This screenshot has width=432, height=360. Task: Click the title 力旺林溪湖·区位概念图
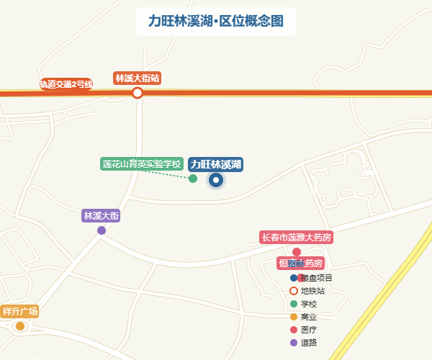(215, 21)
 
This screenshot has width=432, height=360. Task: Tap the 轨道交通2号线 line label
(66, 84)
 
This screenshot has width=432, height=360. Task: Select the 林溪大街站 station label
(137, 78)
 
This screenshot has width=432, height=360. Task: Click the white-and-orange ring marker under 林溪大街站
(138, 93)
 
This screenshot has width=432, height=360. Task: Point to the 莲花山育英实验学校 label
(142, 164)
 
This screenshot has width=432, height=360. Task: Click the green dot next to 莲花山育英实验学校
(193, 179)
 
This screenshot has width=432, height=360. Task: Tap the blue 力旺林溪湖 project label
(216, 164)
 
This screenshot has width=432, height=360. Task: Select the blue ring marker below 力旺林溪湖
(216, 180)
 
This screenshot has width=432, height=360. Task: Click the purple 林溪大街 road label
(102, 215)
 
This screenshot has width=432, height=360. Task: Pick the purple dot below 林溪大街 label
(102, 230)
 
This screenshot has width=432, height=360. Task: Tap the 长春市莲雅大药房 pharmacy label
(297, 237)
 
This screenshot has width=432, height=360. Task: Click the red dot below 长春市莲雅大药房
(296, 252)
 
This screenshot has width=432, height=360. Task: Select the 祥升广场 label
(19, 312)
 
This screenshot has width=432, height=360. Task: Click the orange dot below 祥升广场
(20, 326)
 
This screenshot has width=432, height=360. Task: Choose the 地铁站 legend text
(313, 291)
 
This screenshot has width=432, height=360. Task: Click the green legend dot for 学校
(294, 304)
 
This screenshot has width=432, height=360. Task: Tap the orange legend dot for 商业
(294, 317)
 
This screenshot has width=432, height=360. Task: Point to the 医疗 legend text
(309, 330)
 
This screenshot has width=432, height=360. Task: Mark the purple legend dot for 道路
(294, 343)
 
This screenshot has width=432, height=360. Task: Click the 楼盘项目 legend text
(318, 278)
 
